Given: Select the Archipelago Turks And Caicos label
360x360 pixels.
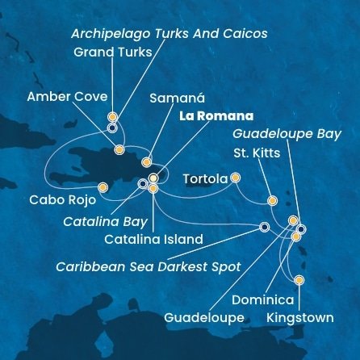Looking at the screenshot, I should (x=169, y=34).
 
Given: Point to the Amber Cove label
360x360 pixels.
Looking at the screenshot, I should (x=67, y=97).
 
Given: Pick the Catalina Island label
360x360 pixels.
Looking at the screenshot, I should (x=153, y=239).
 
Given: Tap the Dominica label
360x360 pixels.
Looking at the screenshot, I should (x=263, y=300).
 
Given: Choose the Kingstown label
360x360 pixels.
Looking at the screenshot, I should (x=299, y=317).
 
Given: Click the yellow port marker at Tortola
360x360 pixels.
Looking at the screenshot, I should (x=235, y=178).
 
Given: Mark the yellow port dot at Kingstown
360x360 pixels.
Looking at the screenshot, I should (x=299, y=280).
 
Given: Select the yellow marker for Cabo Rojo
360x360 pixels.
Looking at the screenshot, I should (x=103, y=187).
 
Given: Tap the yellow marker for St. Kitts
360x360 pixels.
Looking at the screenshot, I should (x=272, y=200).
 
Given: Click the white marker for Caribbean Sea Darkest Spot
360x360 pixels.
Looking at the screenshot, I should (x=265, y=227).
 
